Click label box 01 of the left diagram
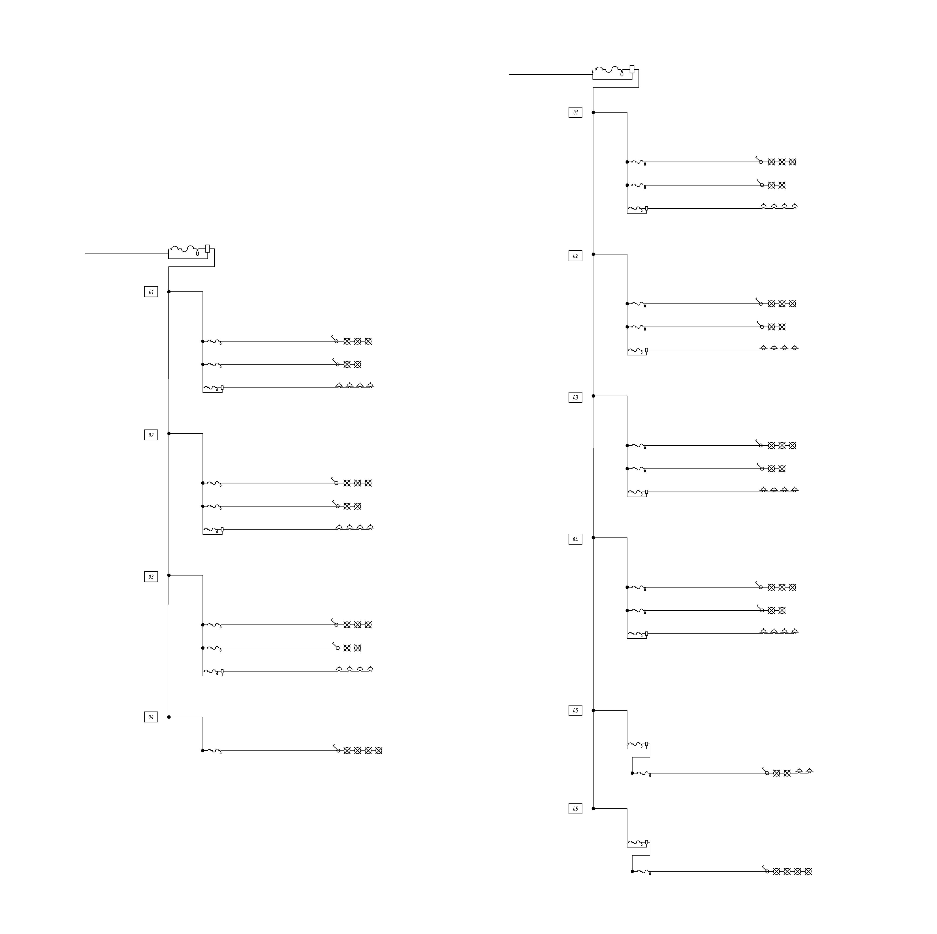[x=151, y=292]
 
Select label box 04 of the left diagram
[x=151, y=717]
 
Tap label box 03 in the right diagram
[x=575, y=398]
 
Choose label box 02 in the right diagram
[x=575, y=256]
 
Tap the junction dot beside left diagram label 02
[x=169, y=434]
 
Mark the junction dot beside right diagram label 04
[x=593, y=538]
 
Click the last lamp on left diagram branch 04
[x=379, y=751]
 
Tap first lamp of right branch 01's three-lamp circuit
[x=771, y=162]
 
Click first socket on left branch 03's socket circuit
[x=339, y=669]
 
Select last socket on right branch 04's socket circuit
[x=795, y=631]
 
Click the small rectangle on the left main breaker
[x=208, y=248]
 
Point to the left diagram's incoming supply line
[x=126, y=254]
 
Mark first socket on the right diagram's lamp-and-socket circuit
[x=799, y=771]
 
